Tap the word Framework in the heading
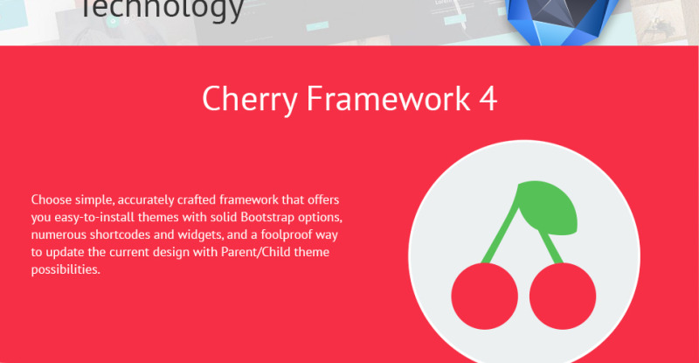click(x=389, y=100)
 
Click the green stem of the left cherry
click(x=502, y=232)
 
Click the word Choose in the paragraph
click(x=50, y=199)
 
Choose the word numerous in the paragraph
click(x=54, y=234)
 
